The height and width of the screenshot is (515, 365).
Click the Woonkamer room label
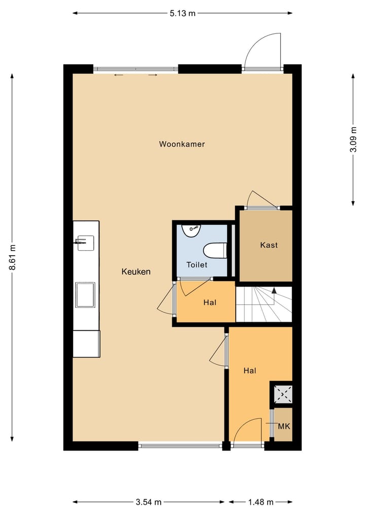[182, 144]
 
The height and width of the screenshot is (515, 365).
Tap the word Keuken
[136, 271]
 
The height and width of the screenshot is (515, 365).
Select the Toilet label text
[197, 265]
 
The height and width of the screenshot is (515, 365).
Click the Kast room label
[269, 245]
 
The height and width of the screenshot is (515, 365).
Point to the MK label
[284, 426]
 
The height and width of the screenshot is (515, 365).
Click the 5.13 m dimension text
[182, 14]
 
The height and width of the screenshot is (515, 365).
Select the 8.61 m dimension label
[13, 257]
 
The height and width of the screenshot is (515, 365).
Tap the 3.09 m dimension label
[353, 140]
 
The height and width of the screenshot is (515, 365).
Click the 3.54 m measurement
[149, 502]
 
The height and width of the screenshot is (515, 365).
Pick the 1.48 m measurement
[261, 502]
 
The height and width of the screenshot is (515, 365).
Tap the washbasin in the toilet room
[192, 230]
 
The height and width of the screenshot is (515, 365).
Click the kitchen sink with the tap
[86, 243]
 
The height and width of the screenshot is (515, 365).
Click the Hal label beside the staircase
[210, 302]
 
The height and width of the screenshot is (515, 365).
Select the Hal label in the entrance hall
[249, 371]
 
